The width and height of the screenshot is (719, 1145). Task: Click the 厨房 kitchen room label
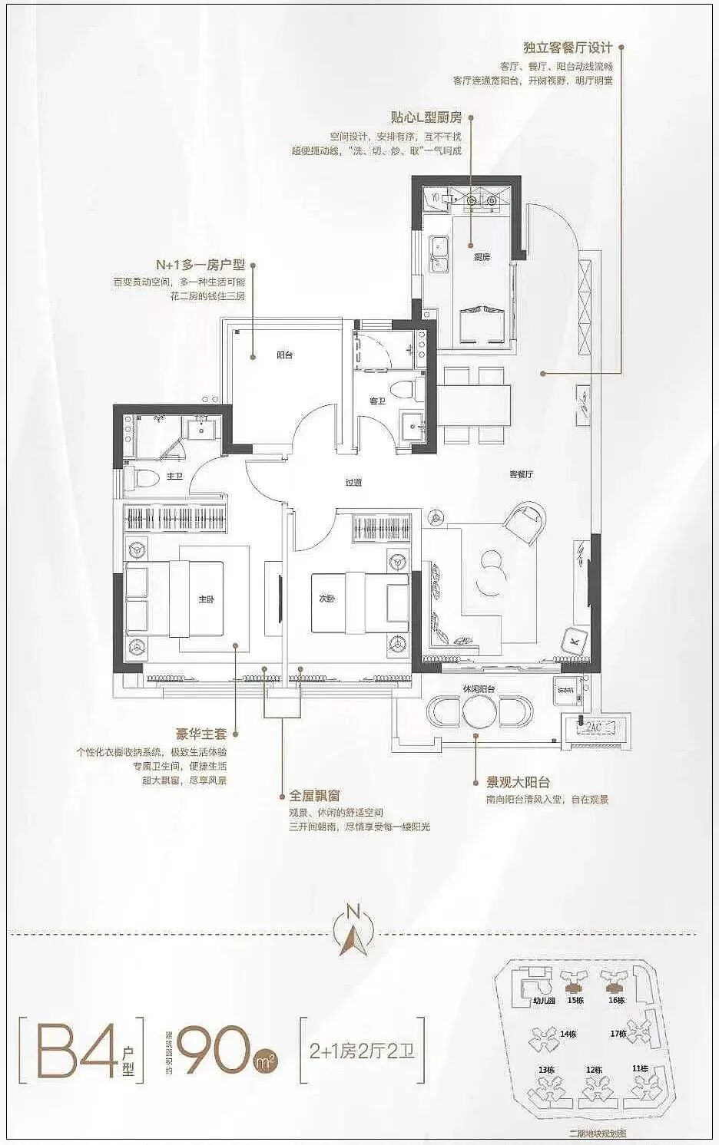pos(482,257)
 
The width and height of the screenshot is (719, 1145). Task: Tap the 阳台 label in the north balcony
pos(284,355)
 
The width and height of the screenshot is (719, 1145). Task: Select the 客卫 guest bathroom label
pos(376,401)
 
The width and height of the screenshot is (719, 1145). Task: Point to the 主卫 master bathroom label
pos(175,477)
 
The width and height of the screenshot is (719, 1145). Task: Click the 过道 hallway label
pos(353,483)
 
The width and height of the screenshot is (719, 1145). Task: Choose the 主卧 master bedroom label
pos(206,599)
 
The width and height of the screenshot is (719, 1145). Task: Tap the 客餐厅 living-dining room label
pos(521,474)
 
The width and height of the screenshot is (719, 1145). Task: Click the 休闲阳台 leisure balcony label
pos(479,689)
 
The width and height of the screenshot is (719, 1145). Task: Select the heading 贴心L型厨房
pos(426,117)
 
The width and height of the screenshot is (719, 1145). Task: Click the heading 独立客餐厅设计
pos(568,48)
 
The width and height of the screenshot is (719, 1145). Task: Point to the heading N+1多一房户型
pos(200,265)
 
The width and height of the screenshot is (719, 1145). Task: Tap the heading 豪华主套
pos(201,734)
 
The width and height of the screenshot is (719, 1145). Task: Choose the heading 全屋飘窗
pos(314,796)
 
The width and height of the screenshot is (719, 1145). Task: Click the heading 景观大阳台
pos(518,783)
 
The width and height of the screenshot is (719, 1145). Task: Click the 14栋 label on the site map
pos(568,1034)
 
